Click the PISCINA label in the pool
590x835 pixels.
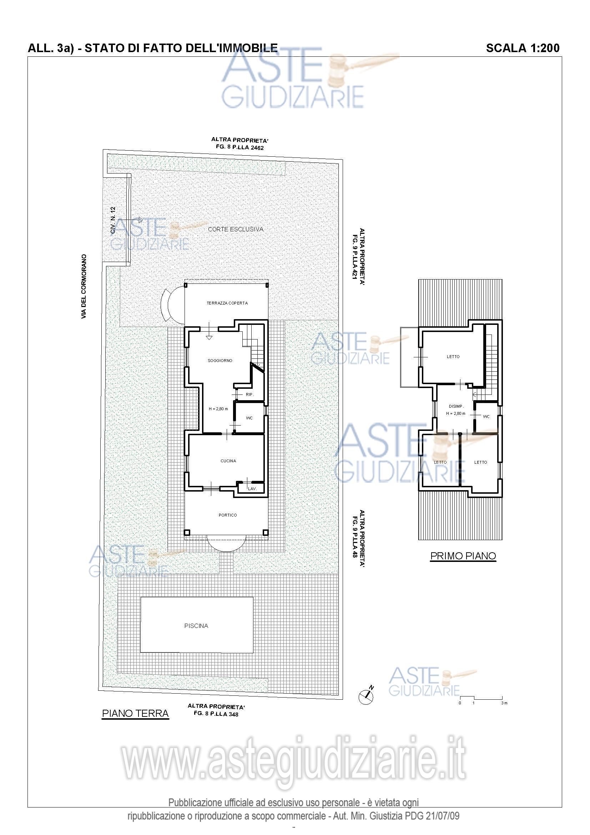(196, 626)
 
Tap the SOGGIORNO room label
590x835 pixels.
(220, 361)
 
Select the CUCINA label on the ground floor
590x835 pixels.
(228, 461)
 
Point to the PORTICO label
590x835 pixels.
(228, 515)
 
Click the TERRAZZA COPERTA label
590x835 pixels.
(227, 303)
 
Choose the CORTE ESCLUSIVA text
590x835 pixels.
(236, 229)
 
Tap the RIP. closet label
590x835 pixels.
(250, 394)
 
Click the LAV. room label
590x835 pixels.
(252, 489)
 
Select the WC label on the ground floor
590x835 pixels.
(249, 418)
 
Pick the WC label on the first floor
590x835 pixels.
(486, 416)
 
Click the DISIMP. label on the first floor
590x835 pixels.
(456, 406)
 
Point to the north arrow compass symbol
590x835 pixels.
(367, 696)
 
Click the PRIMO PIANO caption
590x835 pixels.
(463, 556)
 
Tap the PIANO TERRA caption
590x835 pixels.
(135, 713)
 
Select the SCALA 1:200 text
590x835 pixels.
(523, 48)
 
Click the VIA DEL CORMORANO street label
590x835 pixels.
(84, 287)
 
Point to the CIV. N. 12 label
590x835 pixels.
(113, 220)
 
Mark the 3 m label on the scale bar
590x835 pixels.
(504, 703)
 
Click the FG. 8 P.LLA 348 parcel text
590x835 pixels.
(216, 714)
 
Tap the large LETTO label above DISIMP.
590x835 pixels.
(453, 357)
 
